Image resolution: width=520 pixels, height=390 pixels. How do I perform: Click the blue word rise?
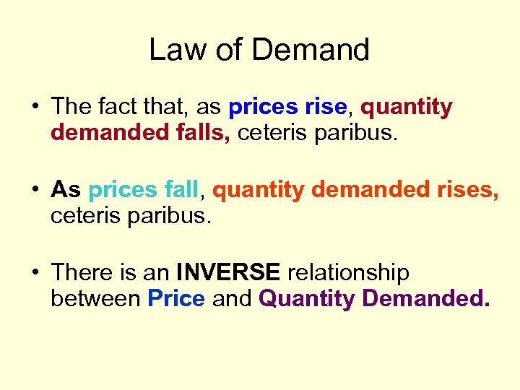326,107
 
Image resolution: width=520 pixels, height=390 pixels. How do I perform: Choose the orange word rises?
464,189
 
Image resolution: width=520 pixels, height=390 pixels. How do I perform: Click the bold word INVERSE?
228,272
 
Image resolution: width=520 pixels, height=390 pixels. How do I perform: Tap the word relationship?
348,273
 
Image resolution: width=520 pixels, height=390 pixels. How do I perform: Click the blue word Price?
176,298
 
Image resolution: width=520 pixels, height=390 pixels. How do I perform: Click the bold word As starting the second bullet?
66,189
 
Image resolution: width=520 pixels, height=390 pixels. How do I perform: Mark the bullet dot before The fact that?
35,108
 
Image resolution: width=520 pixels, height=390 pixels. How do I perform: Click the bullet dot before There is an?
35,273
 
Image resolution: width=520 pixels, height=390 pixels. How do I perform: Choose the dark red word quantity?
407,108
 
